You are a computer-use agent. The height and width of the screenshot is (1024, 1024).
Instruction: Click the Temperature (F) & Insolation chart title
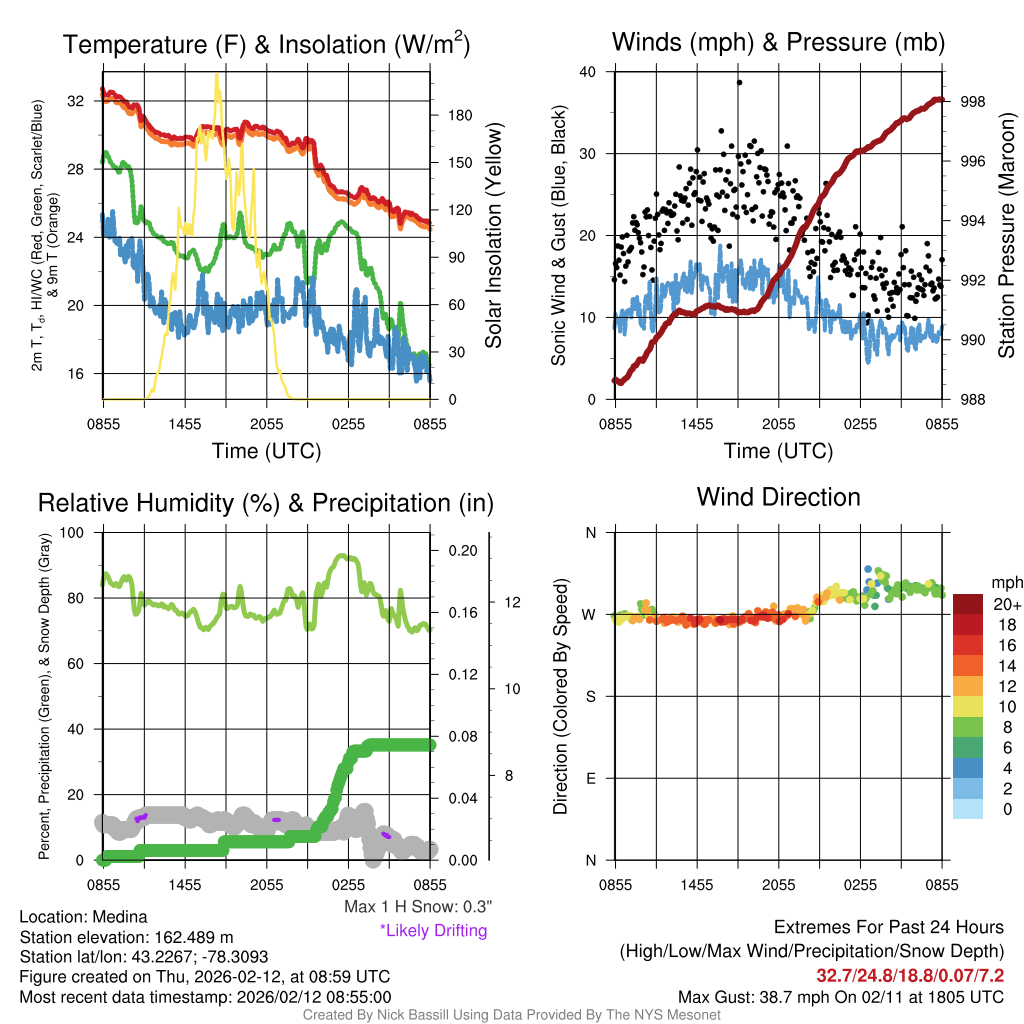(x=266, y=44)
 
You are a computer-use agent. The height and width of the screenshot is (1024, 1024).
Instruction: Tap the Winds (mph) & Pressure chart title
(x=778, y=42)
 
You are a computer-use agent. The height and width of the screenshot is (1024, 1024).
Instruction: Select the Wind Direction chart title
(x=778, y=497)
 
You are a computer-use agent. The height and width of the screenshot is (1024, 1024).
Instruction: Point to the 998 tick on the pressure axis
(x=971, y=102)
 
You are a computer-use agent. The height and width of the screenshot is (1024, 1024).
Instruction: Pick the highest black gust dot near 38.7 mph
(x=739, y=82)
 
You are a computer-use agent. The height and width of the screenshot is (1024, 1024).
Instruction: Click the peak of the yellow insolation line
(x=216, y=76)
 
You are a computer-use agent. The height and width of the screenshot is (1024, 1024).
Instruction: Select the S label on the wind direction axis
(x=590, y=696)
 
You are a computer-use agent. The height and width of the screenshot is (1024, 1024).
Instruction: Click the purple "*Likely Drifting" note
(x=433, y=930)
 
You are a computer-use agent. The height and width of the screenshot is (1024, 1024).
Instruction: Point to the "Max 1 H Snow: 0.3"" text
(x=417, y=907)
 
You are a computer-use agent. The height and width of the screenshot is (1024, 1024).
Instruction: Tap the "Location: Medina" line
(x=83, y=917)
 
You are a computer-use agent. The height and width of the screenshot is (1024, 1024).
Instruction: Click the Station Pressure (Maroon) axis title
(x=1006, y=235)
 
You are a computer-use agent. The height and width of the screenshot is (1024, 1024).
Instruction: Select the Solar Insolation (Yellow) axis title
(x=493, y=235)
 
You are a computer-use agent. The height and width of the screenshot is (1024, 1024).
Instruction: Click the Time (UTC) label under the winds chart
(x=778, y=451)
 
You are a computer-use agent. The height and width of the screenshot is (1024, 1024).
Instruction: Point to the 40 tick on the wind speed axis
(x=588, y=72)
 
